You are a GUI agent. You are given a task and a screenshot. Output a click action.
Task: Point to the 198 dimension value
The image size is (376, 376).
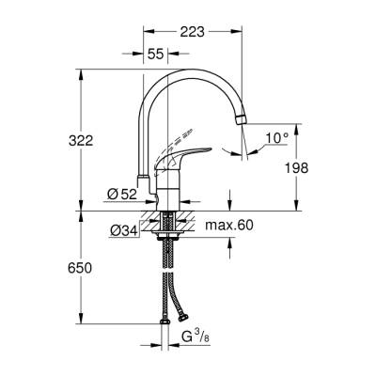[x=301, y=166]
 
